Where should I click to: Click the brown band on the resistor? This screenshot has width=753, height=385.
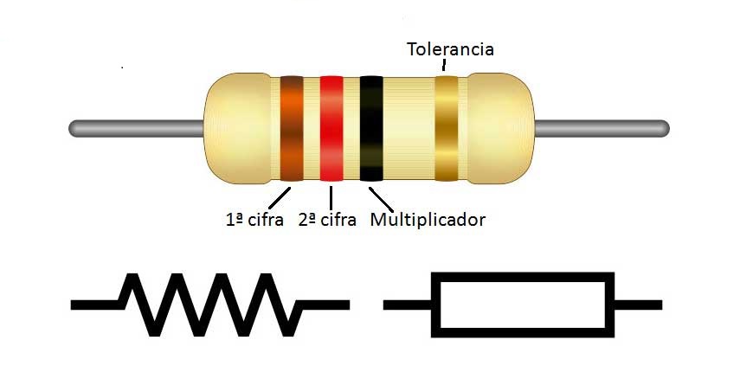pos(291,128)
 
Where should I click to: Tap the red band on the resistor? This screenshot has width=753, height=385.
pos(331,128)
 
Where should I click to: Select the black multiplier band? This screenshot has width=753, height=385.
pos(371,128)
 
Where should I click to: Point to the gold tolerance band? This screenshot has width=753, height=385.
pos(446,128)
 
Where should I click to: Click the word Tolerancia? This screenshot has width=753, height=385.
pos(450,48)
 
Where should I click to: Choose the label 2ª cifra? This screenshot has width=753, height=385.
pos(327,220)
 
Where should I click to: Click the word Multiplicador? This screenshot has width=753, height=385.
pos(428,220)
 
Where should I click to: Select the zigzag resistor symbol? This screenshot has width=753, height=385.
pos(211,305)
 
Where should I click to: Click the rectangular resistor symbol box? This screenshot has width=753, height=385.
pos(523,304)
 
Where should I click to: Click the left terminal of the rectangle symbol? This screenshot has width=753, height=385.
pos(407,305)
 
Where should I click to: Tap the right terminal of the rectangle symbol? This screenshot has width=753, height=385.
pos(638,305)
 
